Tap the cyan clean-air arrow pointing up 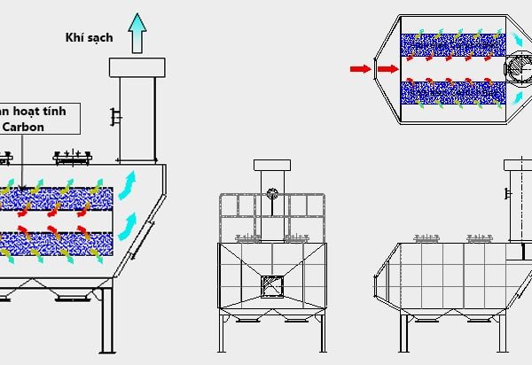coord(137,34)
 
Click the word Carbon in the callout coord(29,126)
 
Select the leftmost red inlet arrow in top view coord(359,67)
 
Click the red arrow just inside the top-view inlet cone coord(387,67)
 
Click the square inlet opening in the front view coord(271,285)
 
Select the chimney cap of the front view coord(272,165)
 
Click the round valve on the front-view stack coord(272,194)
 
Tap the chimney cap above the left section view coord(137,66)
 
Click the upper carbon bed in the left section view coord(59,198)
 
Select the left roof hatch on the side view coord(427,236)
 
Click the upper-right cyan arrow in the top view coord(517,40)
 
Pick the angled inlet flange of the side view coord(382,283)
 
